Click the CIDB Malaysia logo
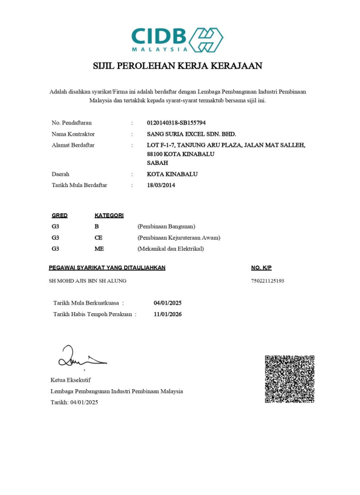pos(177,39)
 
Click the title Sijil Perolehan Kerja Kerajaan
pos(178,66)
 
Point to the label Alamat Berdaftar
pos(73,144)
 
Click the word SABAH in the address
pos(157,163)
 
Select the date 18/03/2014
pos(161,185)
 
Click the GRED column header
pos(60,216)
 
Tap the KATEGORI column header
pos(109,216)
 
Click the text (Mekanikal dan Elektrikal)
pos(170,248)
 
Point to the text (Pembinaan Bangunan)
pos(166,226)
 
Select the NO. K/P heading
pos(261,268)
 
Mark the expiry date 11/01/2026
pos(168,314)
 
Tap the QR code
pos(290,379)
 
